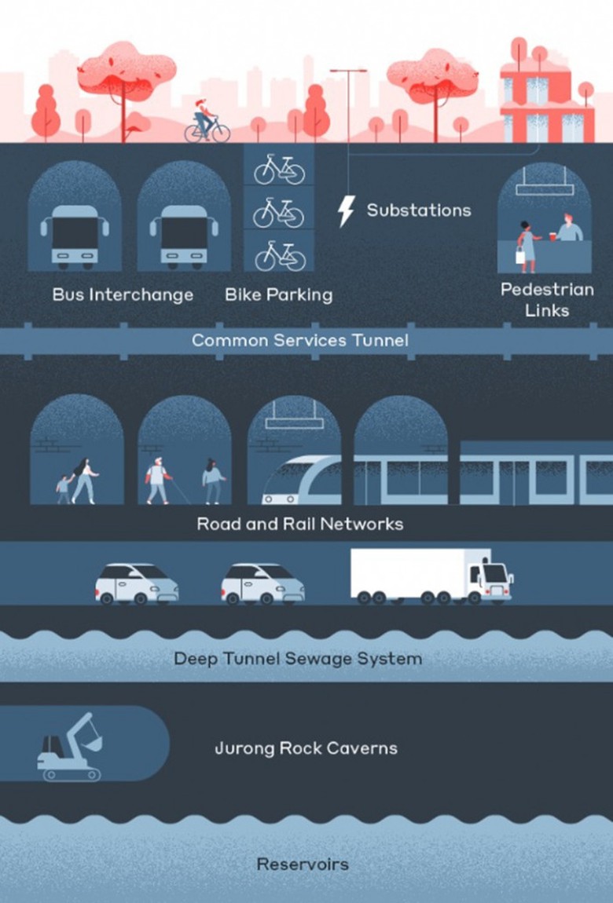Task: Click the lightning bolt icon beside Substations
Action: pyautogui.click(x=346, y=210)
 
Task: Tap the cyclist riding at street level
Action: pyautogui.click(x=206, y=122)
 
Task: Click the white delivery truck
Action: pyautogui.click(x=431, y=576)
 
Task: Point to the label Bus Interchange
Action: pyautogui.click(x=123, y=295)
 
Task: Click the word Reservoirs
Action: pyautogui.click(x=303, y=864)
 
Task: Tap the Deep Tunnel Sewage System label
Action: pyautogui.click(x=298, y=658)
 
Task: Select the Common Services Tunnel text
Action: pyautogui.click(x=300, y=340)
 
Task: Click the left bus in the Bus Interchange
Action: pyautogui.click(x=75, y=236)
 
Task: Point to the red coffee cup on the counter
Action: pyautogui.click(x=552, y=236)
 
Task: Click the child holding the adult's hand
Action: pyautogui.click(x=64, y=489)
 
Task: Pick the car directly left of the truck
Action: pyautogui.click(x=262, y=583)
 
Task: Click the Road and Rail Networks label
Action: pyautogui.click(x=299, y=524)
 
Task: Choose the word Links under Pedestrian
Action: pyautogui.click(x=547, y=310)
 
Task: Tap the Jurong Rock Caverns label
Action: pyautogui.click(x=306, y=748)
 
